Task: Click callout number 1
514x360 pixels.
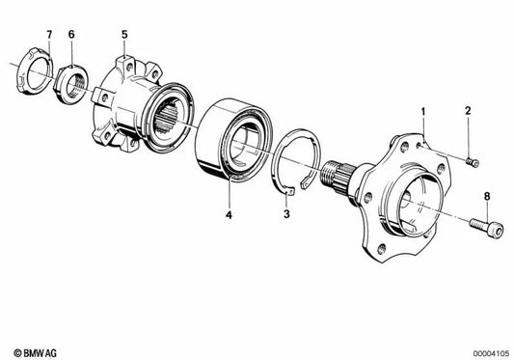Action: tap(422, 113)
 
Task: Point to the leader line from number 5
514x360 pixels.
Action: tap(124, 50)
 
